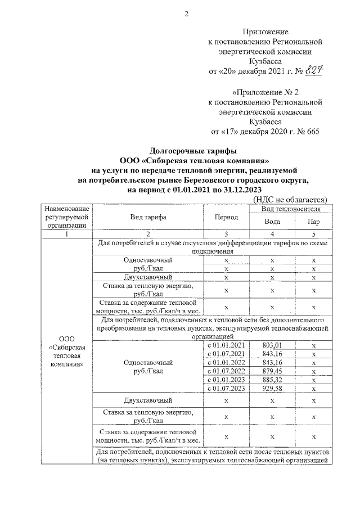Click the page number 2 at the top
click(x=186, y=14)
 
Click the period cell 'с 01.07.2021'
click(x=226, y=353)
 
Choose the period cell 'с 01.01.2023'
click(x=226, y=380)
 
